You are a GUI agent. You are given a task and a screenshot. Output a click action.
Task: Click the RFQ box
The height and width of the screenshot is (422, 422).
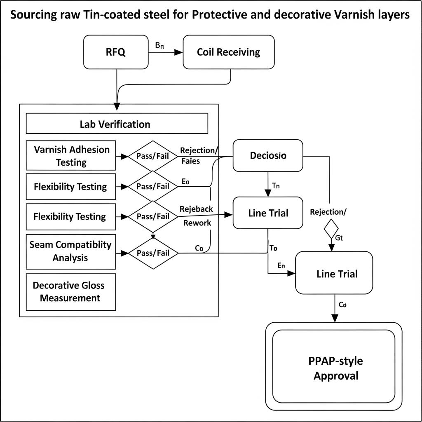pos(116,52)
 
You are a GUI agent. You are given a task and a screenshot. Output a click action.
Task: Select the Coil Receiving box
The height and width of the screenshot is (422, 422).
pos(228,52)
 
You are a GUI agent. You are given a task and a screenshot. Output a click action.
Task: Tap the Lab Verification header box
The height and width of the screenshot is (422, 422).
pos(117,124)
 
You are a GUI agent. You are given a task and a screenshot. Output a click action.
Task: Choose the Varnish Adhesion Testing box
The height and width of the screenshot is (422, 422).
pos(71,155)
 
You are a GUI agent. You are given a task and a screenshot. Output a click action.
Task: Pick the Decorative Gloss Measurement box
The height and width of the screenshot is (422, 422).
pos(70,291)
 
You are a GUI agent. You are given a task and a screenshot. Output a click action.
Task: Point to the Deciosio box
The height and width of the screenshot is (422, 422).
pos(268,156)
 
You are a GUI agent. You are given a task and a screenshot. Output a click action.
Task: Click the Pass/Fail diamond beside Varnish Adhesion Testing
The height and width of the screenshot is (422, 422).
pos(153,156)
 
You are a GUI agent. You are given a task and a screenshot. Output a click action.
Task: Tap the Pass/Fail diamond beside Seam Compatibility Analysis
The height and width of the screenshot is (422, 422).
pos(153,253)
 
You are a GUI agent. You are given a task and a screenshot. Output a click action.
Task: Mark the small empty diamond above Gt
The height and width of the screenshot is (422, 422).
pos(331,229)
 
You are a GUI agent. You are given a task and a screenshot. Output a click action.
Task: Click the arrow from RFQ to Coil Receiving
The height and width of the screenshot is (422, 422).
pos(165,52)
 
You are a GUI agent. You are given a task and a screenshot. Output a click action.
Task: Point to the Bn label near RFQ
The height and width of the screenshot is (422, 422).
pos(159,46)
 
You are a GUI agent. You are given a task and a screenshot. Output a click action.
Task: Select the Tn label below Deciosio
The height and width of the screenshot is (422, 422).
pos(276,185)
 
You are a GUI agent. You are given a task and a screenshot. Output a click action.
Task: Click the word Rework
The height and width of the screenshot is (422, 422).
pos(197,223)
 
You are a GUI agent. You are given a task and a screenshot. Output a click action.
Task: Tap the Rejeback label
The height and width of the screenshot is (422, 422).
pos(197,209)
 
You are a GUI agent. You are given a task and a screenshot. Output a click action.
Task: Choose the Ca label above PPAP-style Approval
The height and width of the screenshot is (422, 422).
pos(342,305)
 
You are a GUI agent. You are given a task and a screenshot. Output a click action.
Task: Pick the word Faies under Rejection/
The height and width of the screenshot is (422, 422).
pos(190,161)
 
